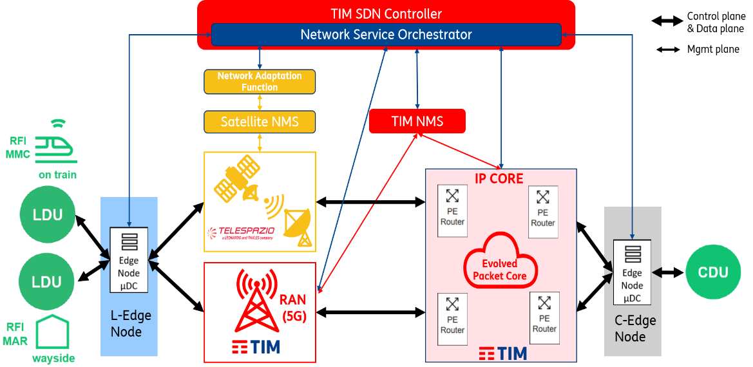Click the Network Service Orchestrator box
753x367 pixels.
(x=386, y=35)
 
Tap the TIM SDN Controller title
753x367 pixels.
(x=386, y=14)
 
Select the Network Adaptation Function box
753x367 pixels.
(x=260, y=82)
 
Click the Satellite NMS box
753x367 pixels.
(x=260, y=121)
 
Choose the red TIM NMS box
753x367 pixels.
(x=417, y=121)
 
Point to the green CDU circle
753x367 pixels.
(x=713, y=272)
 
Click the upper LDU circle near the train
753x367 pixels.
(x=48, y=214)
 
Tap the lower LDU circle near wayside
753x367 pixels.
(x=48, y=281)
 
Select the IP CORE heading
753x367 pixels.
(x=499, y=178)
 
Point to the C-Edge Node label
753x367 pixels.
(x=634, y=328)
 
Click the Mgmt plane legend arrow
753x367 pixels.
(x=670, y=49)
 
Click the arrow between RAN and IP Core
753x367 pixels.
(x=371, y=313)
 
